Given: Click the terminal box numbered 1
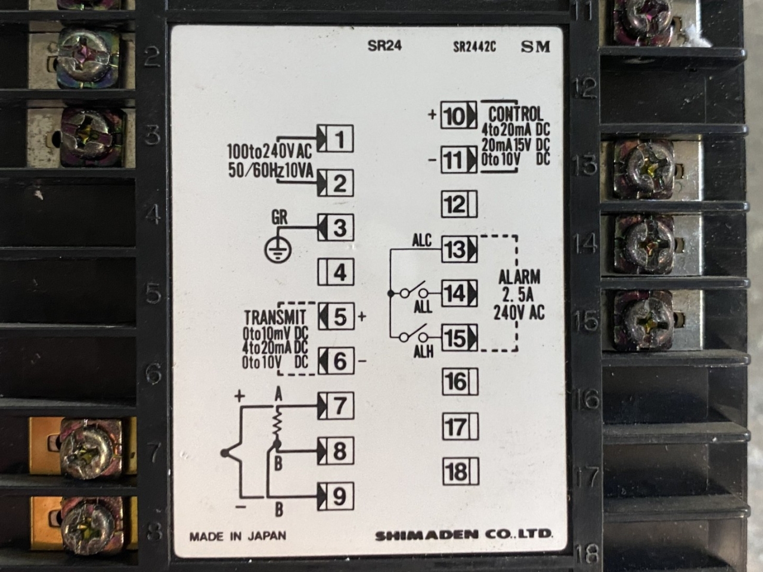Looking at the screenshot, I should (x=335, y=139).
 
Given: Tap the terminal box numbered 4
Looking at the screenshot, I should (x=335, y=273).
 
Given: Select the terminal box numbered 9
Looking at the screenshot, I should (x=335, y=496).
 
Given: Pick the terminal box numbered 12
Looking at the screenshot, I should (x=459, y=205).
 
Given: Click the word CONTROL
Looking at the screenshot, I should (x=516, y=114).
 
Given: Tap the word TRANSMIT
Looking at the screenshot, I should (x=275, y=317).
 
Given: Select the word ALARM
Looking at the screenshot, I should (x=519, y=276).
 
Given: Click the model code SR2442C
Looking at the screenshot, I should (x=474, y=48).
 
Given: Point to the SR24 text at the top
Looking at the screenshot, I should (x=384, y=47).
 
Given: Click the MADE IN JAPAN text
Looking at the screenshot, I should (x=238, y=536).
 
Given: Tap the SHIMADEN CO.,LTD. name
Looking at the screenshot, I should (x=464, y=534).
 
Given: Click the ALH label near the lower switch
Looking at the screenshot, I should (x=423, y=353).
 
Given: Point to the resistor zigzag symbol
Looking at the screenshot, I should (x=276, y=424).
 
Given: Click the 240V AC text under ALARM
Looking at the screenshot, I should (x=519, y=313).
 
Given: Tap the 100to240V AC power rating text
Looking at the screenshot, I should (x=269, y=152).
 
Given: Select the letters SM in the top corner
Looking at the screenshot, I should (x=535, y=47).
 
